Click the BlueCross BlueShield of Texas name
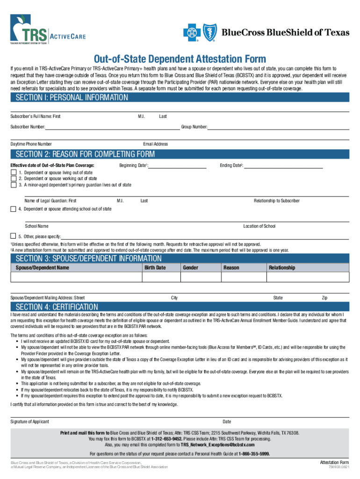[x=285, y=32]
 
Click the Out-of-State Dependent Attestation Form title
[x=180, y=59]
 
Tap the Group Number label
[x=194, y=127]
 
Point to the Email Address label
[x=155, y=144]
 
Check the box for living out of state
[x=13, y=173]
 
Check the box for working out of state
[x=13, y=179]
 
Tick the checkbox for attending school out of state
[x=13, y=209]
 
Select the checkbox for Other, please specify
[x=13, y=236]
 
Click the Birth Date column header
[x=155, y=268]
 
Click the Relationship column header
[x=282, y=268]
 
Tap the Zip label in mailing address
[x=324, y=298]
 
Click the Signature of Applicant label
[x=29, y=421]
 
